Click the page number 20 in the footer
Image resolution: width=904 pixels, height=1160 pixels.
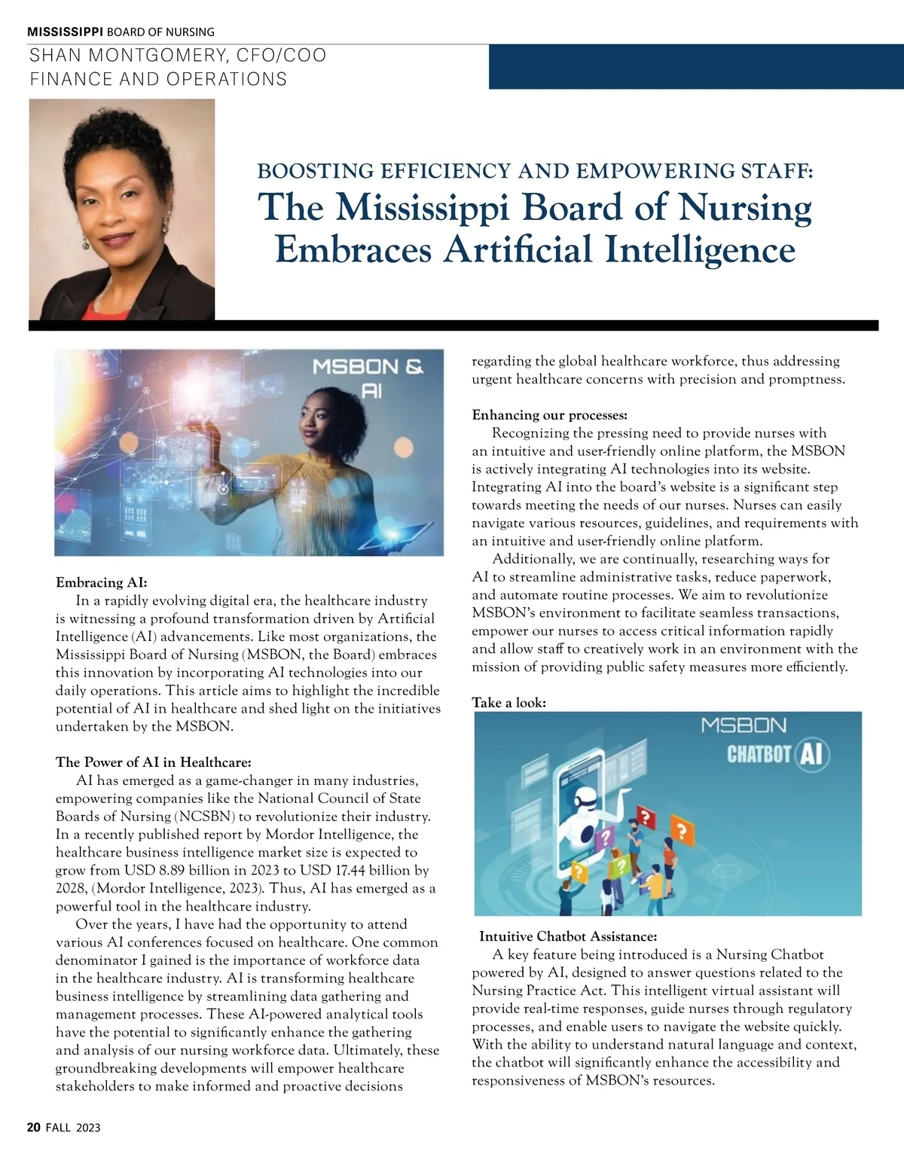click(x=33, y=1128)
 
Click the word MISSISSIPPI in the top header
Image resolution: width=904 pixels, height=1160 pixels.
click(x=66, y=32)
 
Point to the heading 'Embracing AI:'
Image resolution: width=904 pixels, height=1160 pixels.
click(x=102, y=582)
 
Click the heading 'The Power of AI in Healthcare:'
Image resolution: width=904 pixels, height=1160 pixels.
click(x=154, y=762)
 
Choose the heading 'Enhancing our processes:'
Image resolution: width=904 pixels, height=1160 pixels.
click(x=549, y=415)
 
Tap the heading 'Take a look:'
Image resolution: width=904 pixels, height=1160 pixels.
click(x=508, y=703)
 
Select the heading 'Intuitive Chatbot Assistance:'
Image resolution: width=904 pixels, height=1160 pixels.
click(x=568, y=936)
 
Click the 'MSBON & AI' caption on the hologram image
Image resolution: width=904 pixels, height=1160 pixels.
click(x=368, y=377)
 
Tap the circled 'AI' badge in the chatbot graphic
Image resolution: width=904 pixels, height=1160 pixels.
click(x=811, y=754)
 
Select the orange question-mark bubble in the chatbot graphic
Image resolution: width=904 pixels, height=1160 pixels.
click(x=682, y=832)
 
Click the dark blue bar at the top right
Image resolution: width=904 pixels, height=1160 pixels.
click(x=695, y=67)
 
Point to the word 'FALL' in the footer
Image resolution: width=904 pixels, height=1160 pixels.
click(x=60, y=1128)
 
